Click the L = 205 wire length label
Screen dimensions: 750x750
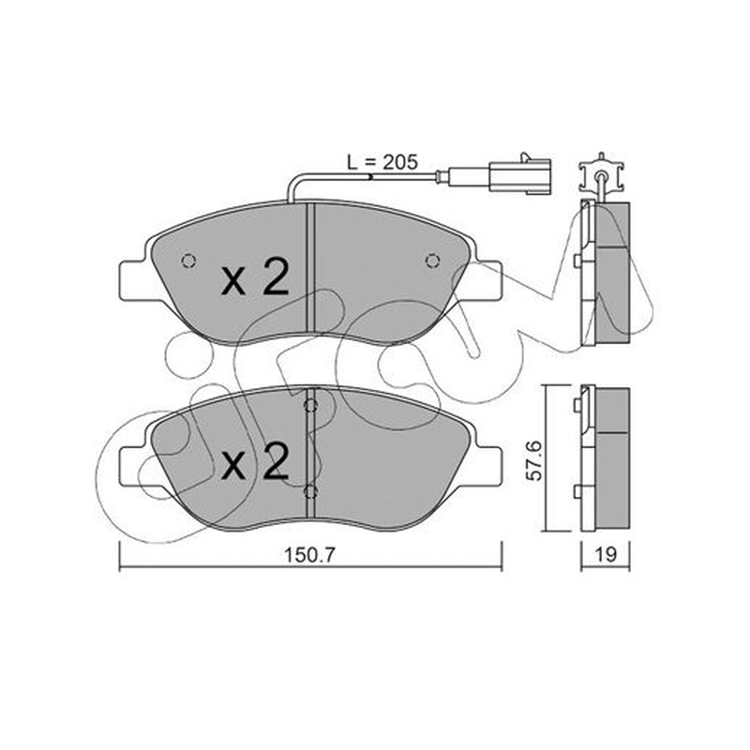pos(382,162)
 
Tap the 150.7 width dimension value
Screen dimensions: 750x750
pos(310,555)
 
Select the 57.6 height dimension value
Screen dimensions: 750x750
pos(533,460)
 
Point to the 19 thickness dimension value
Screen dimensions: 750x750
pos(606,555)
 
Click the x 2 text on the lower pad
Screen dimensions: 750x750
pos(255,460)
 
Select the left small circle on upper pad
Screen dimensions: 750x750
pos(189,261)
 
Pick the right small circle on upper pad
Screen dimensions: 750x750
pos(432,261)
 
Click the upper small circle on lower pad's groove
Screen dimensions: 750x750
pos(311,407)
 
